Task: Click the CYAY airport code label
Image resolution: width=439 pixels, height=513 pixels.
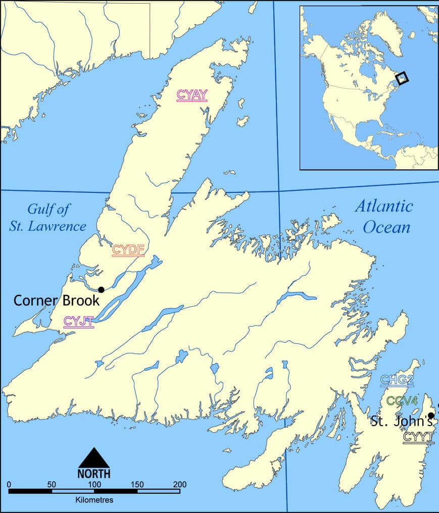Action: [x=192, y=95]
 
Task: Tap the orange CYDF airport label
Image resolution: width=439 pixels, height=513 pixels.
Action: [x=128, y=249]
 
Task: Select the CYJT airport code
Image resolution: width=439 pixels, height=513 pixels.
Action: [x=78, y=321]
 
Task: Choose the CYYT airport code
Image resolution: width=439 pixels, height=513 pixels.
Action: [x=418, y=437]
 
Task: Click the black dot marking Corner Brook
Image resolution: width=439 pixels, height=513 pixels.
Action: [x=101, y=289]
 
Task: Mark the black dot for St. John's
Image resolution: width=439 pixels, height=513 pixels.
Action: [x=430, y=415]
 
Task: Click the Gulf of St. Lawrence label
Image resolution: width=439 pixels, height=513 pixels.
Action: [x=48, y=217]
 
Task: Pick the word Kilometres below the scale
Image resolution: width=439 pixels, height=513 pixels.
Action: [x=94, y=500]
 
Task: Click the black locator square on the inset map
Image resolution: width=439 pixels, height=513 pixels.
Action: [x=402, y=78]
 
